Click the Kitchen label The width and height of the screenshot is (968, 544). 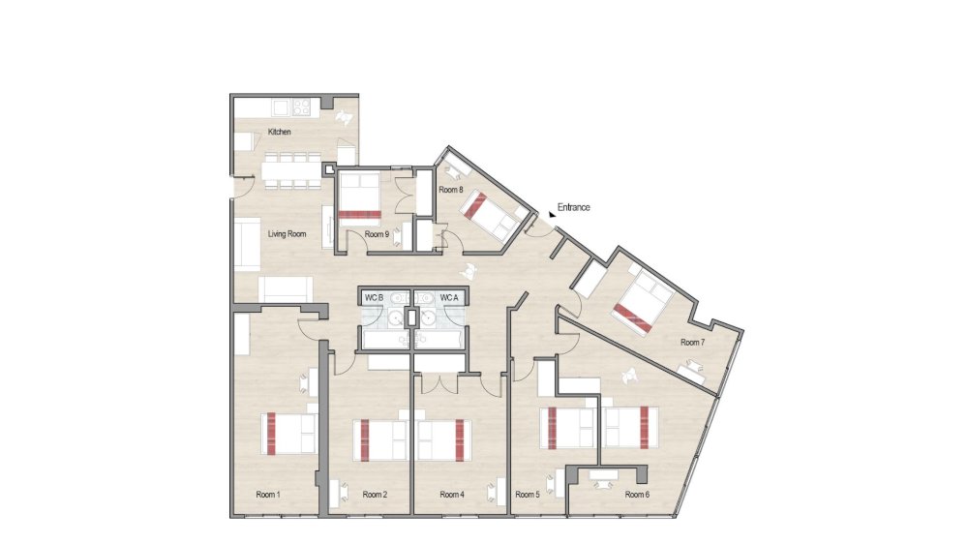[280, 132]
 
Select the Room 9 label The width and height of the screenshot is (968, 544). [377, 234]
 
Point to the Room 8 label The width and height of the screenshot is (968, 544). [451, 190]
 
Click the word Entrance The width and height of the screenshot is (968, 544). [573, 207]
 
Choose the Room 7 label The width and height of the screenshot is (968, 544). [691, 342]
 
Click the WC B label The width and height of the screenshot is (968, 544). [375, 297]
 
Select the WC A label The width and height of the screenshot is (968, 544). [449, 297]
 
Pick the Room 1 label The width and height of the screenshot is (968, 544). [268, 495]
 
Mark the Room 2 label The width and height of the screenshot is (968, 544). [376, 495]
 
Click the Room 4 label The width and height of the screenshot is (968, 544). [452, 495]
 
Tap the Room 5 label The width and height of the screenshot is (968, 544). [528, 495]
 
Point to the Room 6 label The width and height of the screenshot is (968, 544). [636, 495]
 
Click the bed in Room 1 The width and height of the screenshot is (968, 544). [288, 433]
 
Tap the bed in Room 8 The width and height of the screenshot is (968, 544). [489, 214]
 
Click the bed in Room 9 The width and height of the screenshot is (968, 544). [360, 197]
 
